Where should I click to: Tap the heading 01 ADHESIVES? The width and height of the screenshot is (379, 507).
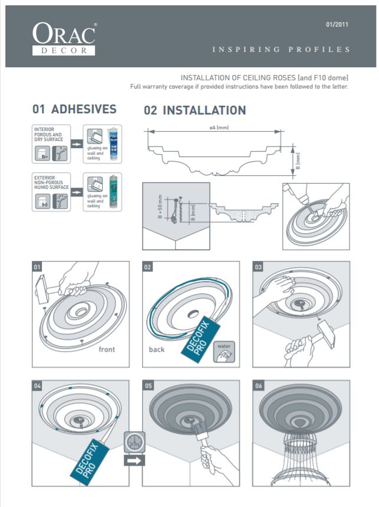click(x=74, y=110)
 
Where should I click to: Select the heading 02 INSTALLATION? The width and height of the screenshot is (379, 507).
click(x=195, y=110)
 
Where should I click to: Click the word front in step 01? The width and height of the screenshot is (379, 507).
click(x=107, y=349)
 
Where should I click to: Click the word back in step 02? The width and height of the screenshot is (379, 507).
click(x=157, y=349)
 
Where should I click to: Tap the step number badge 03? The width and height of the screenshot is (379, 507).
click(x=259, y=267)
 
